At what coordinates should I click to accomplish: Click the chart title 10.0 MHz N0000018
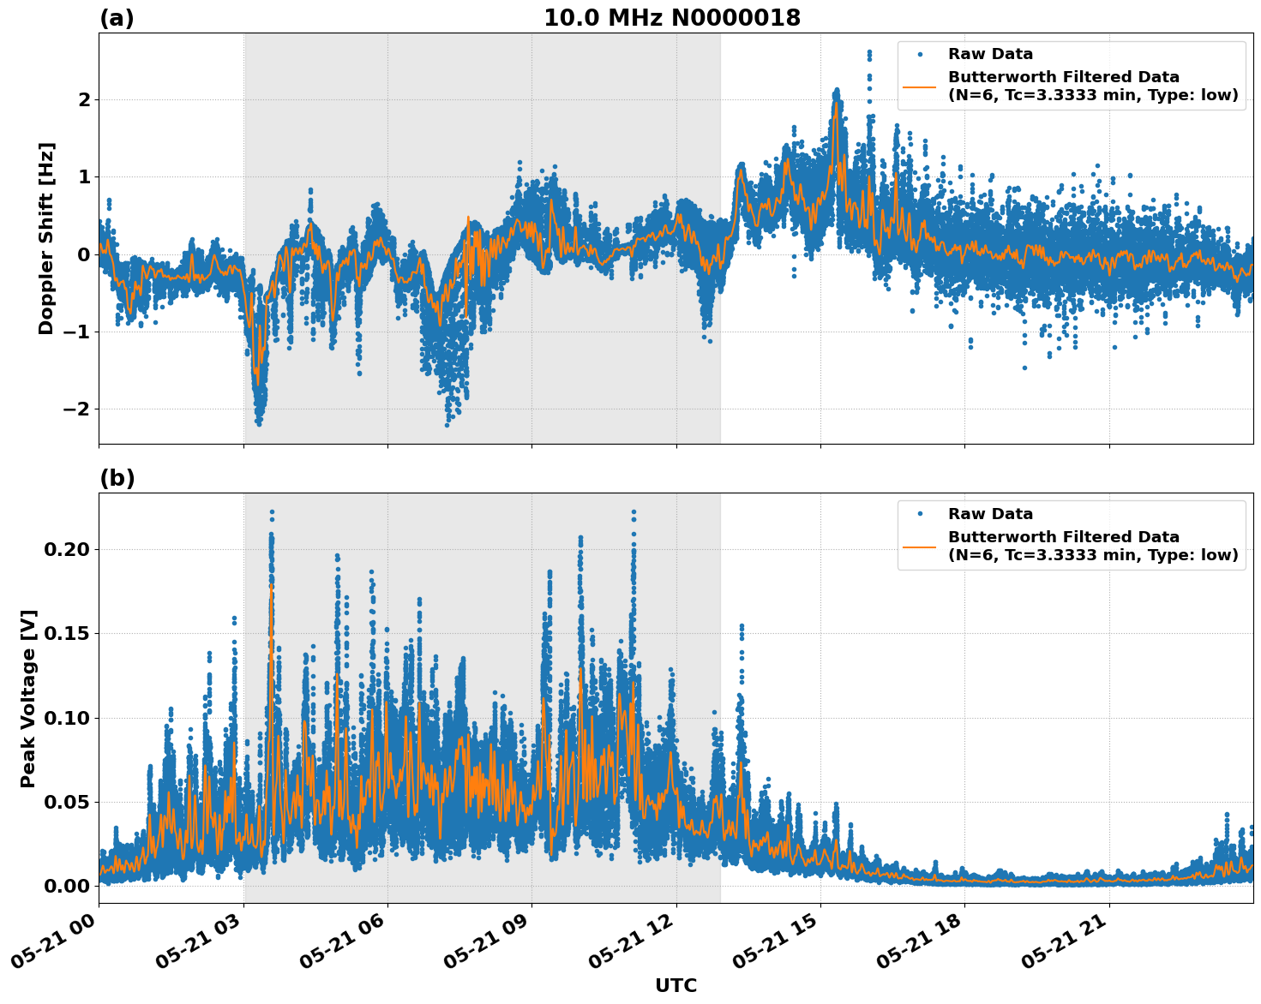(671, 18)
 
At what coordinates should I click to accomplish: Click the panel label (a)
(117, 18)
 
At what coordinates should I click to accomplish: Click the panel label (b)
(117, 478)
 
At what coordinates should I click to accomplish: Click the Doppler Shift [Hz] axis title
(46, 238)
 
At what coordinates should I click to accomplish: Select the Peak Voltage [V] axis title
(28, 698)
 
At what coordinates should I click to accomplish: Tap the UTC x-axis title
(676, 985)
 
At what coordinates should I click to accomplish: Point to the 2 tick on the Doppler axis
(84, 100)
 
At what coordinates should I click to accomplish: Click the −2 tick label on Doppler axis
(76, 409)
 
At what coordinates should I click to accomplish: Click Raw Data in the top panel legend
(990, 54)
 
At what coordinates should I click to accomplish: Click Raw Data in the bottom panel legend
(990, 514)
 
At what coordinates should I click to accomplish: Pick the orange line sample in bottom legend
(919, 546)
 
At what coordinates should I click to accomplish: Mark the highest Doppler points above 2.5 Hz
(868, 55)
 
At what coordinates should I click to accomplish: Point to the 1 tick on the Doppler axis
(84, 177)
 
